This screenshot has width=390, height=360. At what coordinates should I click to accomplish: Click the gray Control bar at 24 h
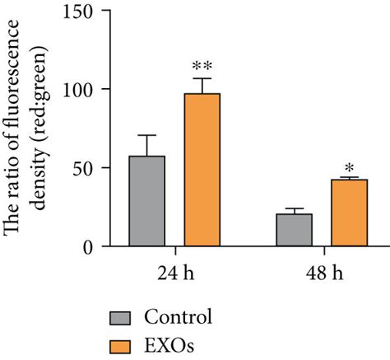pyautogui.click(x=147, y=201)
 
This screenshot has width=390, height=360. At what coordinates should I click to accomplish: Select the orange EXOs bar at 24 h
pyautogui.click(x=202, y=170)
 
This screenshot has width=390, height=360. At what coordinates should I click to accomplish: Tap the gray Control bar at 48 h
pyautogui.click(x=294, y=230)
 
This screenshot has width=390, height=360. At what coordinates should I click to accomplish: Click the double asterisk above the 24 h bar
pyautogui.click(x=202, y=66)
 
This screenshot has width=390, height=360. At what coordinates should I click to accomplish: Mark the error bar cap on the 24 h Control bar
pyautogui.click(x=147, y=135)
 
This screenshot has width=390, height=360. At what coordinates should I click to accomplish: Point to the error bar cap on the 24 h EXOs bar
pyautogui.click(x=202, y=79)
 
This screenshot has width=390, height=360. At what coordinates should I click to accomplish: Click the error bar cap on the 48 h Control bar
pyautogui.click(x=294, y=208)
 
